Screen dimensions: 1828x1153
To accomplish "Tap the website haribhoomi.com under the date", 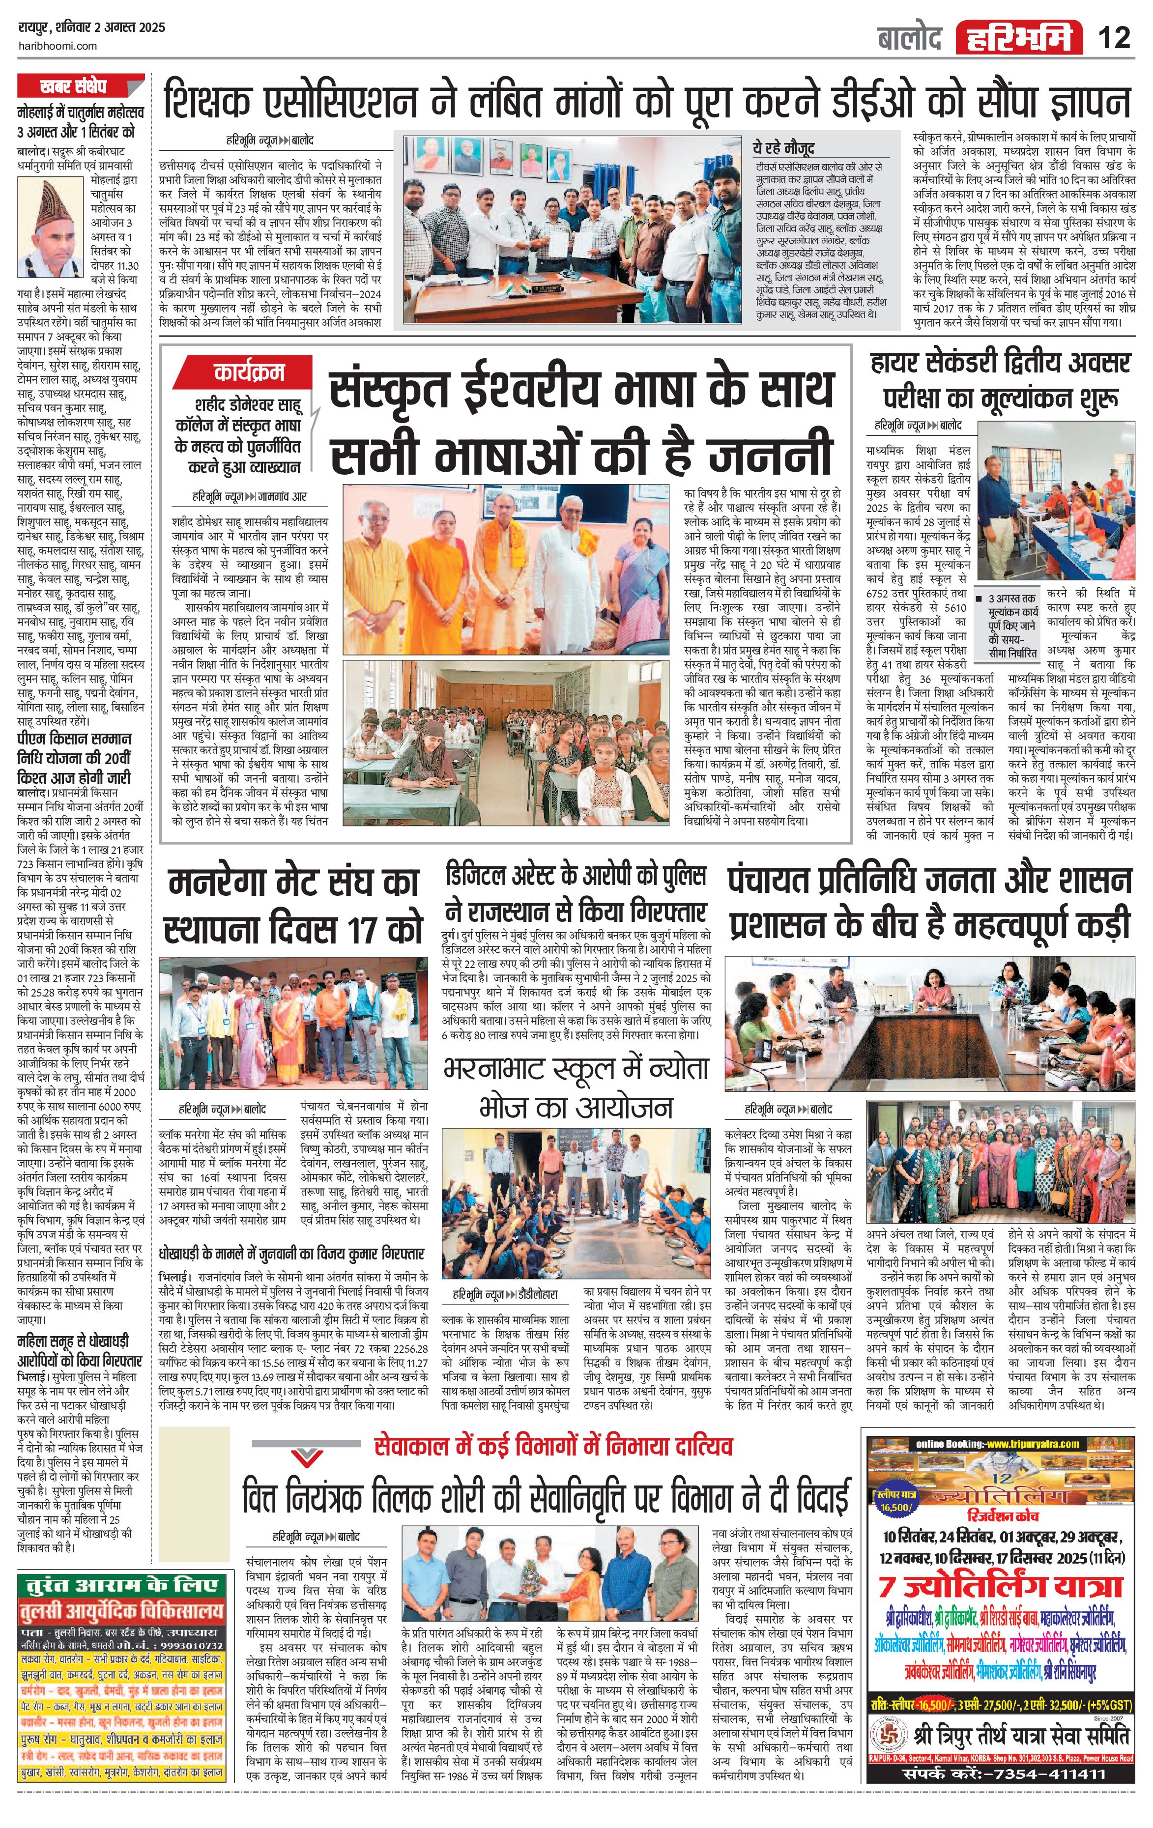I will coord(58,46).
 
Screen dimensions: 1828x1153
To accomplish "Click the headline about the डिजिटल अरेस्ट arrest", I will coord(576,893).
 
